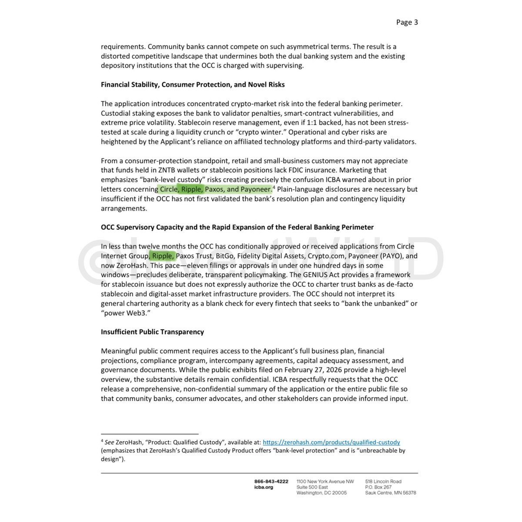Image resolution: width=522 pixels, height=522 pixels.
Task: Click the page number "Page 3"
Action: tap(407, 22)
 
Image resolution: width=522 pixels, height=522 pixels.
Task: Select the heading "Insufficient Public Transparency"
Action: tap(152, 332)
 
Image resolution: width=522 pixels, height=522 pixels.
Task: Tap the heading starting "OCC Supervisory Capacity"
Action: tap(237, 227)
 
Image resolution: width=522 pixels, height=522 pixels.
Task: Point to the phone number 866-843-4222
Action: tap(271, 482)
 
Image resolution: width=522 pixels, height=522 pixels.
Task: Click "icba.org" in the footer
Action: tap(264, 487)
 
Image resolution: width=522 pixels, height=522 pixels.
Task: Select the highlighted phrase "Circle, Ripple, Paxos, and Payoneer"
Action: tap(215, 189)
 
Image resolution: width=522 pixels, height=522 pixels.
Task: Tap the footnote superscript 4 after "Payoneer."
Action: tap(274, 187)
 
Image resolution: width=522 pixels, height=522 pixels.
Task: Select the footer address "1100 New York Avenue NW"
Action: tap(325, 482)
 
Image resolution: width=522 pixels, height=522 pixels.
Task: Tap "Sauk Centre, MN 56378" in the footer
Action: tap(390, 493)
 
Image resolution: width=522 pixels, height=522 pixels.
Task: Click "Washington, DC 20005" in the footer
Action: tap(321, 493)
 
